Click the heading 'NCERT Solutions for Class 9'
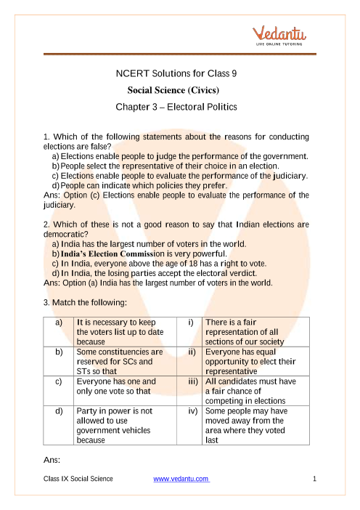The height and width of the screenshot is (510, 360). coord(176,74)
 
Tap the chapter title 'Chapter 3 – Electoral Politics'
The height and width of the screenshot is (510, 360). coord(176,107)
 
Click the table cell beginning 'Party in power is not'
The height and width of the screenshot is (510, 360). coord(115,425)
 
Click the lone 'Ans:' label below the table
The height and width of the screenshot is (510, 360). coord(53,460)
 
